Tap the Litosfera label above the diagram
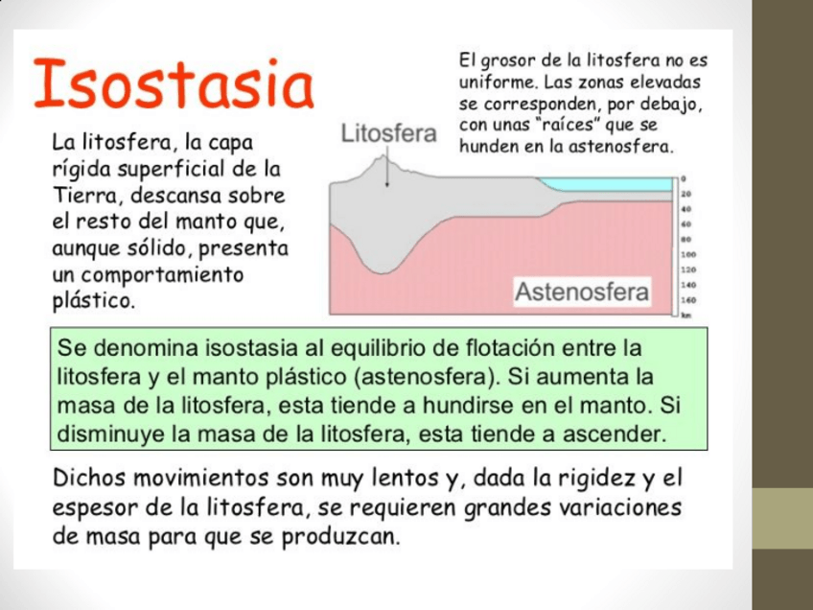(x=389, y=134)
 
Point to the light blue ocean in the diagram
(x=604, y=183)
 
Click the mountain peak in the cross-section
(x=382, y=162)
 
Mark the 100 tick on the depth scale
(x=687, y=255)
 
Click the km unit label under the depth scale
(x=686, y=315)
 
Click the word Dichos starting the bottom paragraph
(x=90, y=478)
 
